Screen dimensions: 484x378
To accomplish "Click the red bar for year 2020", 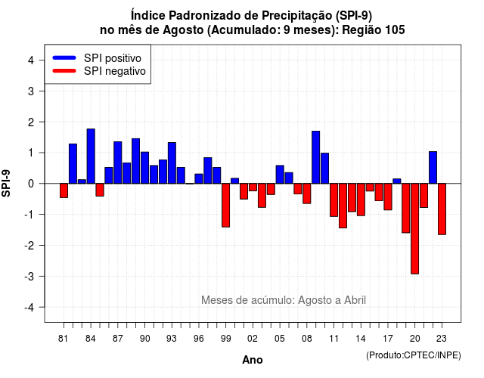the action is [x=414, y=228].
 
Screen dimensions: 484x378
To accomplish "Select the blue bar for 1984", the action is [x=91, y=156].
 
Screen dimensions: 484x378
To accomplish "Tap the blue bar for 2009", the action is [x=316, y=157].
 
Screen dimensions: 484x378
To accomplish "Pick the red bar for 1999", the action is [x=225, y=205].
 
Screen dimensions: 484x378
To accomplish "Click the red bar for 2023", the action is [x=442, y=209].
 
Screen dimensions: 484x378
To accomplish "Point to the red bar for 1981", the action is [x=64, y=191].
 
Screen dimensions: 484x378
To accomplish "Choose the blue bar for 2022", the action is [x=433, y=168].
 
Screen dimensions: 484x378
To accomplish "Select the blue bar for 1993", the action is [x=172, y=163].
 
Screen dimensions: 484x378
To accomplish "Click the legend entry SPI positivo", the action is [x=113, y=58].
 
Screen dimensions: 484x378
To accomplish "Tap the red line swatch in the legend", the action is [x=64, y=71].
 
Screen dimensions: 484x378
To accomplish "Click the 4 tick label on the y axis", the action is [x=31, y=60].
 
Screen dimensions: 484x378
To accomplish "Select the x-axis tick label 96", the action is [x=199, y=339].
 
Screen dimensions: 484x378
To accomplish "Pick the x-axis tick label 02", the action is [x=253, y=339].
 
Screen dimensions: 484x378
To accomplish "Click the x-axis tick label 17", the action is [x=388, y=339].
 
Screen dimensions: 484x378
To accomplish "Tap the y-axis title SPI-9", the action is [x=6, y=183].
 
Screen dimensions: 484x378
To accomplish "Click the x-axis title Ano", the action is [x=253, y=360].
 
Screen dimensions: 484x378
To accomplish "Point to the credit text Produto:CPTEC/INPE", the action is [x=414, y=355].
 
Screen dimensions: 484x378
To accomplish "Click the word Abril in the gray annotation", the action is [x=355, y=300].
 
